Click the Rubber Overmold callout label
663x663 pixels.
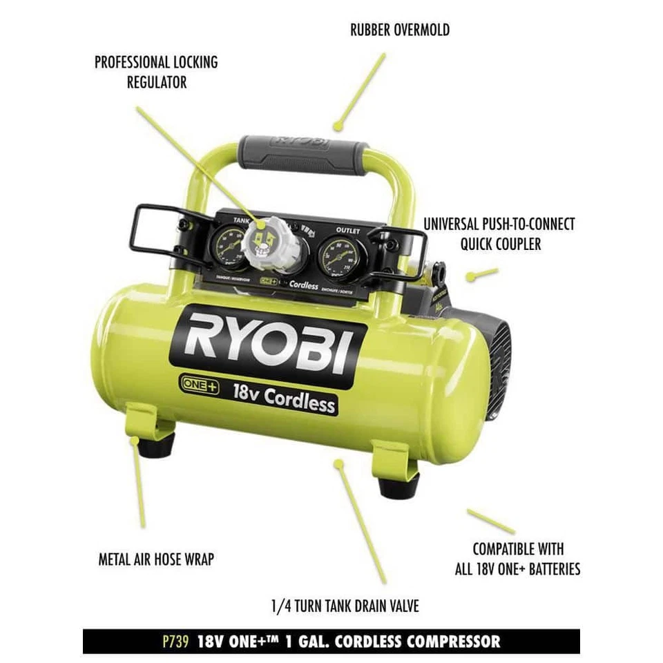pos(400,30)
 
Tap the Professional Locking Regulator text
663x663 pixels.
pos(156,72)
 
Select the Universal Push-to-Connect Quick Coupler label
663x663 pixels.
pos(499,234)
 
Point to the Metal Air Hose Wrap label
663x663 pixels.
pos(155,559)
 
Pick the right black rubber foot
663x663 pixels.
pos(398,486)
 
